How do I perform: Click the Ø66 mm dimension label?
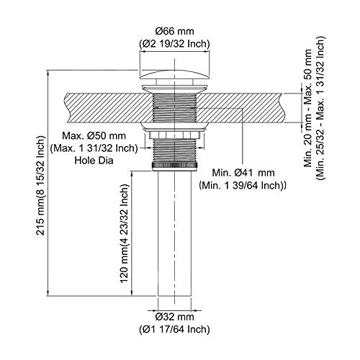pos(174,32)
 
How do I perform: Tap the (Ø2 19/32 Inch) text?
pos(174,44)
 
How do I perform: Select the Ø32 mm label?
pos(174,317)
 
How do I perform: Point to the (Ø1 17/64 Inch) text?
pos(174,329)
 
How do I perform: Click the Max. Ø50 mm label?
pos(94,136)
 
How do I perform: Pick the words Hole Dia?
pos(94,161)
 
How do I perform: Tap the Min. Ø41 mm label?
pos(243,173)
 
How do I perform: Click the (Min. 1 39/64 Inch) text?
pos(243,185)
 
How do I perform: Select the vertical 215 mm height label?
pos(40,185)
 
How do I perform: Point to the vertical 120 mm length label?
pos(124,233)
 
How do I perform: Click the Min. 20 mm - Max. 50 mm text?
pos(307,108)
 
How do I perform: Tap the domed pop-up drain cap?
pos(174,74)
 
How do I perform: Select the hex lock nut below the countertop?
pos(174,135)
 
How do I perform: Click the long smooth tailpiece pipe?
pos(174,233)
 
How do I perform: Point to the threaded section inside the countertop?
pos(174,108)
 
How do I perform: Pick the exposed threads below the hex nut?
pos(174,150)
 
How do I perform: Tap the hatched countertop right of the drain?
pos(240,108)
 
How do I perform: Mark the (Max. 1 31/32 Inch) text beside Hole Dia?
pos(94,148)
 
